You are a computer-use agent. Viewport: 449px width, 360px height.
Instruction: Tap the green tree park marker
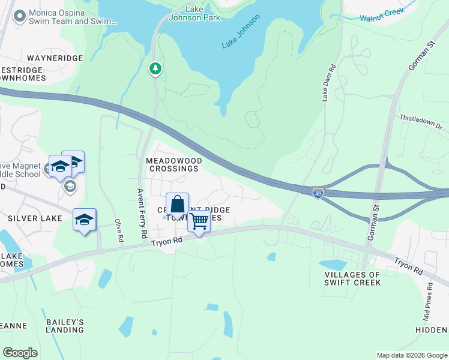tap(155, 68)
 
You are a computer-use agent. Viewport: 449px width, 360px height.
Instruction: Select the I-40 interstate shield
tap(319, 193)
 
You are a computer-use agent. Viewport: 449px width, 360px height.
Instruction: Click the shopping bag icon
tap(178, 205)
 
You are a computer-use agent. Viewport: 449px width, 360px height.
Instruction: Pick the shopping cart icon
tap(199, 221)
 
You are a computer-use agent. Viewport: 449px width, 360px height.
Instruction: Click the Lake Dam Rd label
tap(328, 83)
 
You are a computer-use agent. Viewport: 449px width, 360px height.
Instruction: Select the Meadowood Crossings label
tap(173, 165)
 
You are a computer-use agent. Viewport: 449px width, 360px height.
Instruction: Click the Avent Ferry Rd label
tap(142, 214)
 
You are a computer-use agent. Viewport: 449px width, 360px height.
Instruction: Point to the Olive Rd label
tap(119, 230)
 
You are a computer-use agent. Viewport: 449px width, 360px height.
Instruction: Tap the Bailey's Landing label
tap(65, 326)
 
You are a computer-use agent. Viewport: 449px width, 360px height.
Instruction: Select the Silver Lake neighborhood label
tap(35, 218)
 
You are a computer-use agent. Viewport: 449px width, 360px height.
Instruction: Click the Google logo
tap(20, 353)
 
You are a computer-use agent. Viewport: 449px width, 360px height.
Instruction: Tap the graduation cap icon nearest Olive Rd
tap(85, 220)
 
